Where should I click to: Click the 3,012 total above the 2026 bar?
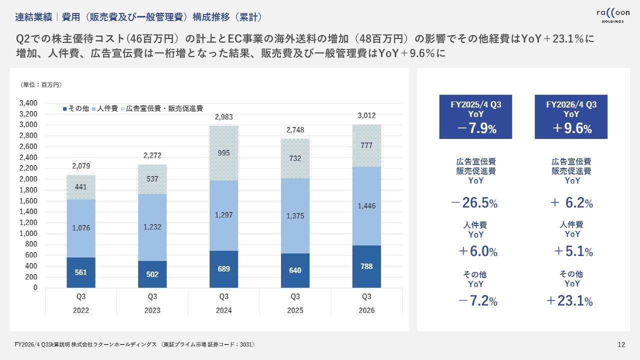point(366,116)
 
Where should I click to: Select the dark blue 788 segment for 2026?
point(366,266)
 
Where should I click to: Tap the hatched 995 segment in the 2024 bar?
point(223,153)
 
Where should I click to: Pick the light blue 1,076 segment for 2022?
point(81,227)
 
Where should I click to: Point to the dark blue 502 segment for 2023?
point(152,274)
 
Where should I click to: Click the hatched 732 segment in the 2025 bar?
point(295,158)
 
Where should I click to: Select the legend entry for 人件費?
point(104,108)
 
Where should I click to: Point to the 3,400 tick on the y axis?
point(28,103)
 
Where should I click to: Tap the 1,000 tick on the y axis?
point(28,233)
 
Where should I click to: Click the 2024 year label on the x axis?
point(223,310)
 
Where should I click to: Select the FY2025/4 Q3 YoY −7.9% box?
point(475,117)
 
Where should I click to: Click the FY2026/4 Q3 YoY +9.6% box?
point(571,117)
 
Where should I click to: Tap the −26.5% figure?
point(474,203)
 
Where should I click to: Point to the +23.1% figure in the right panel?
point(569,301)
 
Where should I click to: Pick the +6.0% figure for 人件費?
point(477,251)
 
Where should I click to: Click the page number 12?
point(621,344)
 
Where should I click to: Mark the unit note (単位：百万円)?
point(41,85)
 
